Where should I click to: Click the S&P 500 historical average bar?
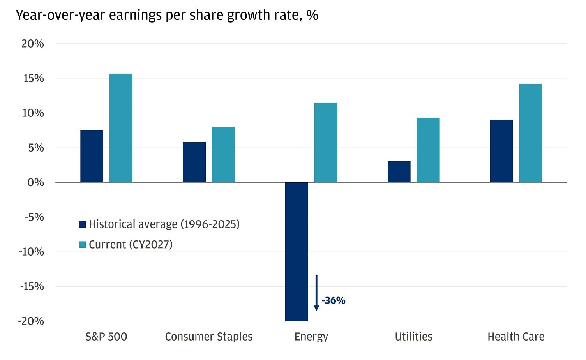92,156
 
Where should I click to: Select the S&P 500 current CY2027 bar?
121,128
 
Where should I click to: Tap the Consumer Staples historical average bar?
194,162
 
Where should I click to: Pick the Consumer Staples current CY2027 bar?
223,155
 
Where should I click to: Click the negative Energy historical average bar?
297,252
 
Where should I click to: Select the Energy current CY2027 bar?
326,143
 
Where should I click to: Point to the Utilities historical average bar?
399,172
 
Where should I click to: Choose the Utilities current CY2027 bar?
428,150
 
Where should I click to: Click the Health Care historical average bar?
501,151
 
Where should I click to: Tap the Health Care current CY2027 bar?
531,133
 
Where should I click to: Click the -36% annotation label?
334,300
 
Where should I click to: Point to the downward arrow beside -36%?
316,293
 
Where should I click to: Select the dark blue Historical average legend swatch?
82,224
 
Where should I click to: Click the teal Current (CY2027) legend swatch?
82,245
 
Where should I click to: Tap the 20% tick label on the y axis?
33,44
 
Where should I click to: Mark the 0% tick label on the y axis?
35,182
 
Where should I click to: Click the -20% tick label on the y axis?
31,321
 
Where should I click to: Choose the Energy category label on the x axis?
311,337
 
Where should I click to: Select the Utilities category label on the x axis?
413,337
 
